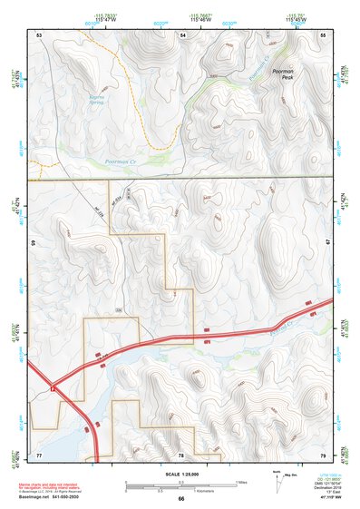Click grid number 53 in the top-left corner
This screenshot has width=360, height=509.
point(40,34)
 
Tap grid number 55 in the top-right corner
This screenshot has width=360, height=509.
point(324,34)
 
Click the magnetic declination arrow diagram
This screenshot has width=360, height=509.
point(277,481)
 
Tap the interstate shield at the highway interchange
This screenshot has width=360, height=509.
point(54,387)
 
